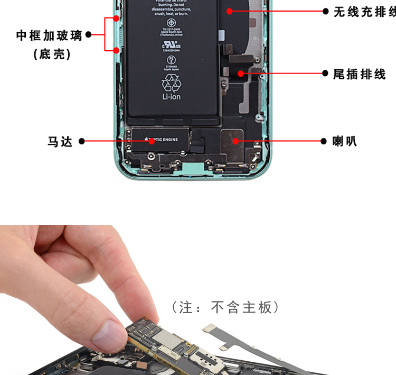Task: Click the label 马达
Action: pyautogui.click(x=60, y=142)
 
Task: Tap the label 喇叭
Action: pyautogui.click(x=345, y=141)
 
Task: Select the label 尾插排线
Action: pyautogui.click(x=359, y=74)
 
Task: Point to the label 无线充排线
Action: pyautogui.click(x=364, y=12)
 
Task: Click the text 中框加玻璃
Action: pyautogui.click(x=49, y=35)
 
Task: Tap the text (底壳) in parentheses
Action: pyautogui.click(x=52, y=54)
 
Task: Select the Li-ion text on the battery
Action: pyautogui.click(x=171, y=97)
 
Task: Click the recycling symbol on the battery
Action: pyautogui.click(x=171, y=83)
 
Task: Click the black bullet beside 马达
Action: pyautogui.click(x=82, y=141)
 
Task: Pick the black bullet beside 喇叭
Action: pyautogui.click(x=325, y=141)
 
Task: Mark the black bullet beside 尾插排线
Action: pyautogui.click(x=325, y=74)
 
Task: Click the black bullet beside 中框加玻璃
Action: pyautogui.click(x=88, y=35)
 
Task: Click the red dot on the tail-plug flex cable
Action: pyautogui.click(x=241, y=74)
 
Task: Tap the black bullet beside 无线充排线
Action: pyautogui.click(x=325, y=11)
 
